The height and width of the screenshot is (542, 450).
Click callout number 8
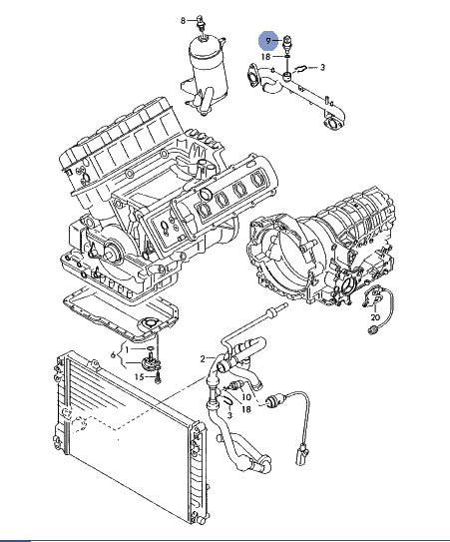coord(184,21)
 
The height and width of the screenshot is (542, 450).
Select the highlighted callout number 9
coord(268,41)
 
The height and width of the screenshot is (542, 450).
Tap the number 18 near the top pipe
coord(265,56)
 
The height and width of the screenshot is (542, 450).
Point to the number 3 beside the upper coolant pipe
coord(322,67)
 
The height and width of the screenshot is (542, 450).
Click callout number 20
coord(375,317)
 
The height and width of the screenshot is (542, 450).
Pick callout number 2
coord(203,358)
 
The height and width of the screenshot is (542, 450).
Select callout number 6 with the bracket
coord(113,354)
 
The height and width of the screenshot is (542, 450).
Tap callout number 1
coord(127,349)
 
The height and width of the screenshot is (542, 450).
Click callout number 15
coord(139,376)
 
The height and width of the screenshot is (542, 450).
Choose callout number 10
coord(246,397)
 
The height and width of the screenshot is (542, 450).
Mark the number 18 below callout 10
coord(246,409)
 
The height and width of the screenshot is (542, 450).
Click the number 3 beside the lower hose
coord(229,415)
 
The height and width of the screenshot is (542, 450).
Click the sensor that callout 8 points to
coord(200,23)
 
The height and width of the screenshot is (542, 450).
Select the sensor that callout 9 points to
coord(287,43)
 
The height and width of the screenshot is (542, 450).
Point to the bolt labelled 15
coord(158,378)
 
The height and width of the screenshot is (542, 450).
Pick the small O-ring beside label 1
coord(151,348)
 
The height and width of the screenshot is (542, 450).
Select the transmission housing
coord(320,248)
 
